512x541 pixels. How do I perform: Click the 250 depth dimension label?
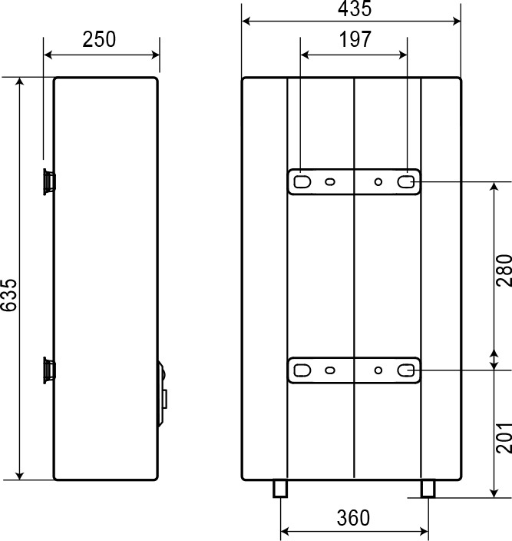99,39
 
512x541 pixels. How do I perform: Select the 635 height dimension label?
9,295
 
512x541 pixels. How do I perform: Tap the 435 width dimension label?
355,8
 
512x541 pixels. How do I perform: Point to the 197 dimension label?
355,39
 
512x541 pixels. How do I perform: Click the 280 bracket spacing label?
504,270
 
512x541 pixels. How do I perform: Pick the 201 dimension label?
504,437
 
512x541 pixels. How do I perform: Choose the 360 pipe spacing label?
353,517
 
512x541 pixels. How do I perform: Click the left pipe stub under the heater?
280,489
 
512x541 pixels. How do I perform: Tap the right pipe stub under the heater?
428,489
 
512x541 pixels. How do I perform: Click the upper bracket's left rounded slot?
302,182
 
